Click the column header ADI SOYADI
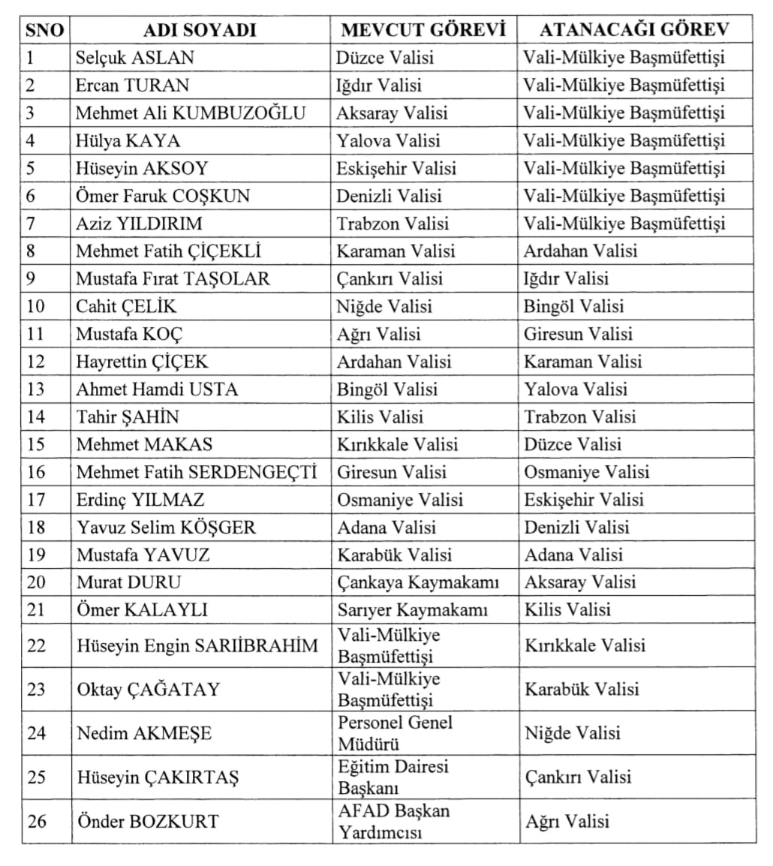200,30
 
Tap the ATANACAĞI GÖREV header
634,30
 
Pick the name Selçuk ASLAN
135,58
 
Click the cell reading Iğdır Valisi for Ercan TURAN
379,86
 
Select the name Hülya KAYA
128,140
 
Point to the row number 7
31,224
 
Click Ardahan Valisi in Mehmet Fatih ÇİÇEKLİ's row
580,251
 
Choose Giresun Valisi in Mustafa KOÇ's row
578,334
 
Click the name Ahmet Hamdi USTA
157,389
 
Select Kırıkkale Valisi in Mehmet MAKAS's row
397,444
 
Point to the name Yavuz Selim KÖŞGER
166,527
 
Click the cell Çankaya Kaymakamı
418,582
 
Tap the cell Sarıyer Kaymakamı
412,610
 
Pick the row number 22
36,645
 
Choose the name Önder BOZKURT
148,821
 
